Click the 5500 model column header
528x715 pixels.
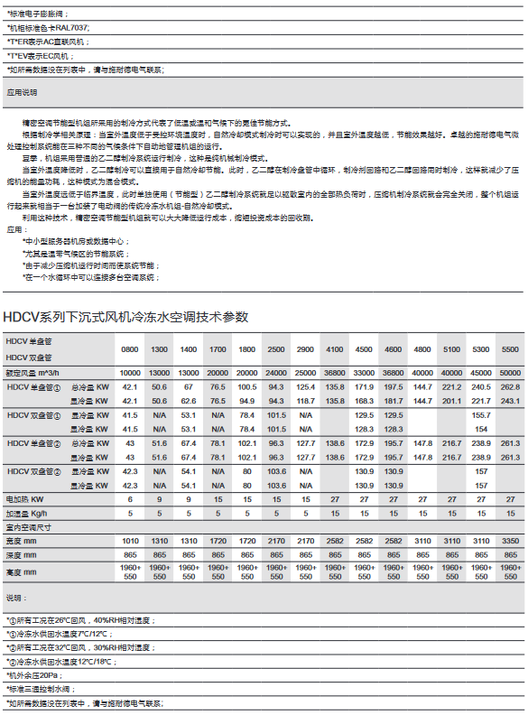(x=510, y=348)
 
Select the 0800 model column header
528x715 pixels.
(x=130, y=348)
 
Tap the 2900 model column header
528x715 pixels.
(x=305, y=348)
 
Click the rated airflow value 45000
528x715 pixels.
(x=481, y=373)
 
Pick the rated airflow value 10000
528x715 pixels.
(x=130, y=373)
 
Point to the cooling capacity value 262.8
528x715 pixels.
(x=510, y=386)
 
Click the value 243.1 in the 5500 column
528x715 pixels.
(x=510, y=400)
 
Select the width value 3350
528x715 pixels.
(x=510, y=539)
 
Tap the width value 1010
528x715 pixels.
(x=130, y=539)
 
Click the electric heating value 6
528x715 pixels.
(x=130, y=498)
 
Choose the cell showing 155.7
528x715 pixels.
(x=481, y=414)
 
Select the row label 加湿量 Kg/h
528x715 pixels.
(x=28, y=512)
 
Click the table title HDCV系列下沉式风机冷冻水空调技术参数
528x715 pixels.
(x=125, y=317)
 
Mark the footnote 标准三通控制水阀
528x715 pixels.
(x=41, y=688)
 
